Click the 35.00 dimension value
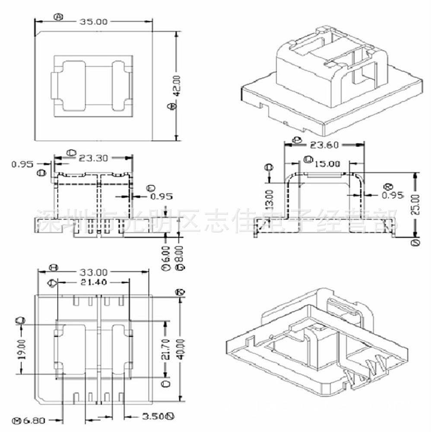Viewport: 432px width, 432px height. pos(92,21)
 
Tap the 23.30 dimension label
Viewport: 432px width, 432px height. pos(93,159)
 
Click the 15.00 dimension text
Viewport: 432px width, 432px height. pos(327,164)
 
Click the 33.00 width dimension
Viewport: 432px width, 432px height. pos(92,272)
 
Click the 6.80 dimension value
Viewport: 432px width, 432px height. pos(33,420)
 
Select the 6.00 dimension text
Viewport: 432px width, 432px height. pos(166,252)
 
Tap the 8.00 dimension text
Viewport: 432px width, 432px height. pos(180,252)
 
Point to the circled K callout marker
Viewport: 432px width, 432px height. pos(181,292)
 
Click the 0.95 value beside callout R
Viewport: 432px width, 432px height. pos(392,195)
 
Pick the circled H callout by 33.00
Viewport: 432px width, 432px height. pos(54,268)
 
